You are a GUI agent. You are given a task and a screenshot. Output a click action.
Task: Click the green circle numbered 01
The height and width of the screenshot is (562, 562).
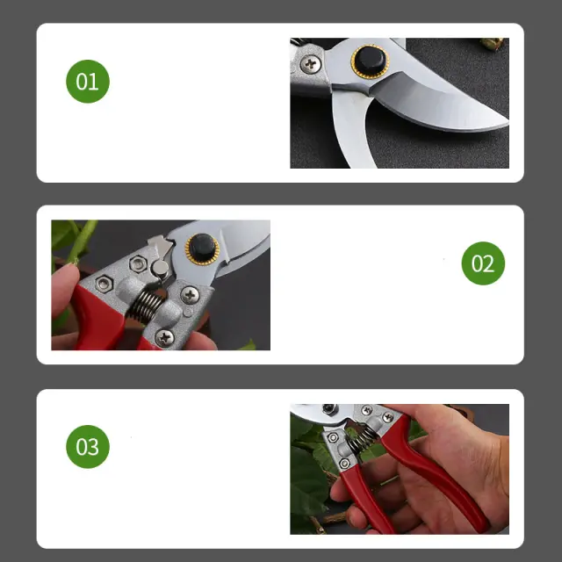[88, 82]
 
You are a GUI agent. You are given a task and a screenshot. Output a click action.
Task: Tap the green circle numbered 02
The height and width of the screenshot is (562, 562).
[483, 263]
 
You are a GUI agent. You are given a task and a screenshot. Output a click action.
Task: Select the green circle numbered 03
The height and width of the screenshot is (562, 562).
[88, 447]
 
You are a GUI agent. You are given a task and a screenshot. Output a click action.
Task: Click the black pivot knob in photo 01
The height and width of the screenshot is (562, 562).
[371, 61]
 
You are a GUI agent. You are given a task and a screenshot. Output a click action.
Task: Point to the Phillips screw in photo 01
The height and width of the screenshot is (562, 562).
[310, 64]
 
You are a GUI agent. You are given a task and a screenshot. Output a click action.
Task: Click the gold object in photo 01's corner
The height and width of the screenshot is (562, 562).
[493, 43]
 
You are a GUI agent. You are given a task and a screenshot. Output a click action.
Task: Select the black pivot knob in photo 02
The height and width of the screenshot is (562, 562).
[202, 248]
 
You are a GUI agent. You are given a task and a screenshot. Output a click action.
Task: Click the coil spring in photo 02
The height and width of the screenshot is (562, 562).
[143, 306]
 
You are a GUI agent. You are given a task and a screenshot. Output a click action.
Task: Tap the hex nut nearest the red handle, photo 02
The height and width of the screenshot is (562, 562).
[104, 284]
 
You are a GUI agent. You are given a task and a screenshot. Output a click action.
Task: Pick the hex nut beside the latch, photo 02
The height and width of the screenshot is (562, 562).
[138, 264]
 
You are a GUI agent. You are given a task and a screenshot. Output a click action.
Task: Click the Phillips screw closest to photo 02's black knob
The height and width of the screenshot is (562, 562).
[190, 295]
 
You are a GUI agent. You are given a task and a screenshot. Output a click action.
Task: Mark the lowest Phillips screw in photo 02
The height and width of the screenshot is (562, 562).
[164, 338]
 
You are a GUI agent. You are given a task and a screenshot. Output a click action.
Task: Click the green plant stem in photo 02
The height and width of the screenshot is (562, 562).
[82, 240]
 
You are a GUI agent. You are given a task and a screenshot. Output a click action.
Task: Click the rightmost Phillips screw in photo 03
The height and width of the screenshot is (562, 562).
[388, 417]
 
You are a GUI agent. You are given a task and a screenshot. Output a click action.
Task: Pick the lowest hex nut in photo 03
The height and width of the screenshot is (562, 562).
[344, 464]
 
